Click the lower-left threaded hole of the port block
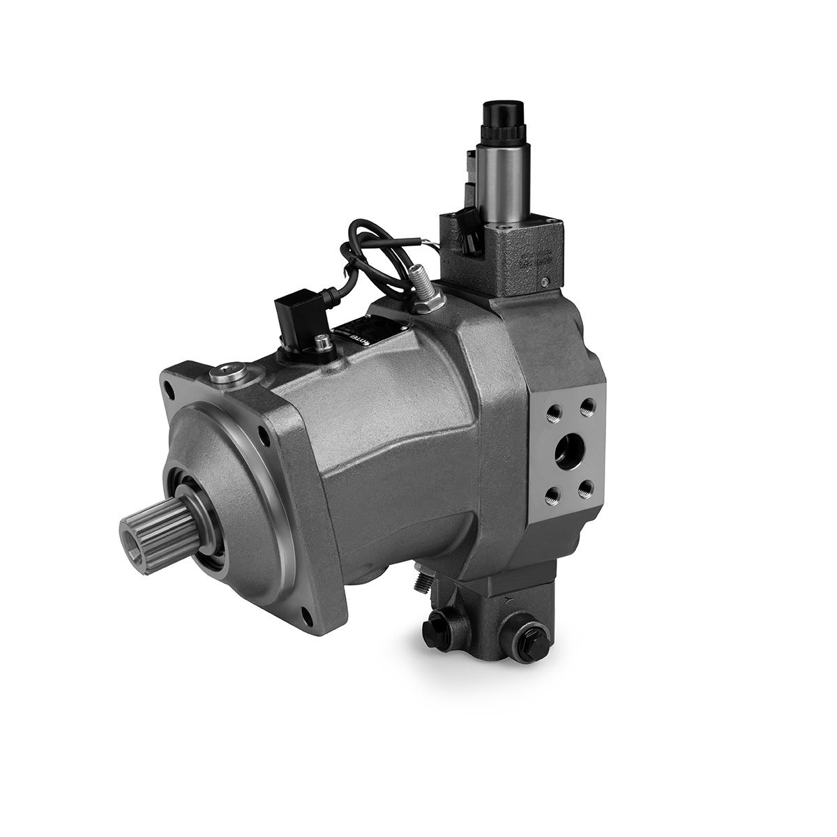click(x=552, y=495)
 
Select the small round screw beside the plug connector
click(x=322, y=342)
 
